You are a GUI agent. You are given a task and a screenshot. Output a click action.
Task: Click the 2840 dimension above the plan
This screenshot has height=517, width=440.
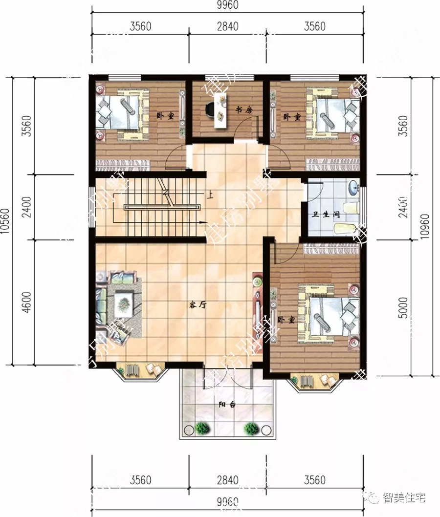point(227,26)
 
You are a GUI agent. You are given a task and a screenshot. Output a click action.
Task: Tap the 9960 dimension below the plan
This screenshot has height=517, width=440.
point(227,502)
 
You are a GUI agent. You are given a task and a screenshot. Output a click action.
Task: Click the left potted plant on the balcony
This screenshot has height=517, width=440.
point(201,429)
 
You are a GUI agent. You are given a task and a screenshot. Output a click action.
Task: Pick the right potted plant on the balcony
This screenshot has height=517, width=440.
point(251,429)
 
